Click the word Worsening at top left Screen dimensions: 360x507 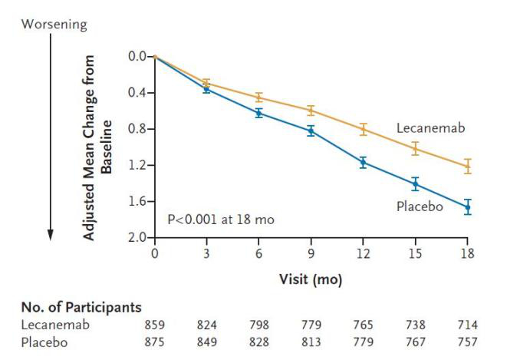coord(54,25)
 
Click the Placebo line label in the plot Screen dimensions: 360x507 coord(420,206)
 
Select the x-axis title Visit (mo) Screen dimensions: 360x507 coord(311,280)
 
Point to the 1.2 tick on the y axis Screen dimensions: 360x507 coord(137,165)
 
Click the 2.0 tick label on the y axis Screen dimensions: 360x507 coord(137,238)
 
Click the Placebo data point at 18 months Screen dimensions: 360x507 coord(467,206)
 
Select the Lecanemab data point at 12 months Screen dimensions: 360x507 coord(363,129)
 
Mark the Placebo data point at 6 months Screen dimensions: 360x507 coord(258,113)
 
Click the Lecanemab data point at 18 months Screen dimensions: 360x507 coord(467,166)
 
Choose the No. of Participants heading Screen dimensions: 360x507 coord(81,309)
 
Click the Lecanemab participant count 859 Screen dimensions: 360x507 coord(155,325)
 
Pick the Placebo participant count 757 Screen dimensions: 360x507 coord(467,340)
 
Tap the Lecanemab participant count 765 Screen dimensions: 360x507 coord(363,325)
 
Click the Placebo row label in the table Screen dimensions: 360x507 coord(44,340)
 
